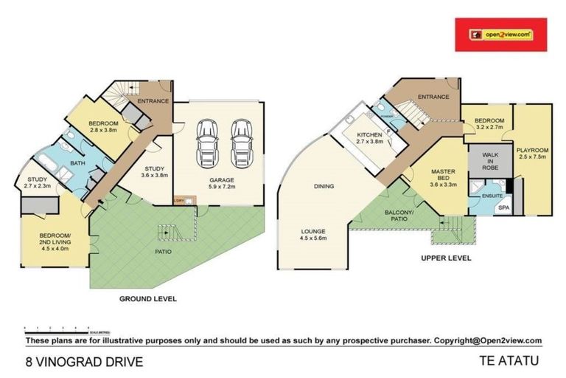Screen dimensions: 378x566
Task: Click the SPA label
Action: click(x=503, y=208)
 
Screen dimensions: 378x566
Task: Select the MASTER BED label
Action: click(x=444, y=176)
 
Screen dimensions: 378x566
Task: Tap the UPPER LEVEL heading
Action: click(x=445, y=258)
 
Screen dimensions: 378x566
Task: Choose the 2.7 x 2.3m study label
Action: click(x=37, y=182)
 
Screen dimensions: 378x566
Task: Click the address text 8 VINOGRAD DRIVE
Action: click(x=81, y=362)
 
